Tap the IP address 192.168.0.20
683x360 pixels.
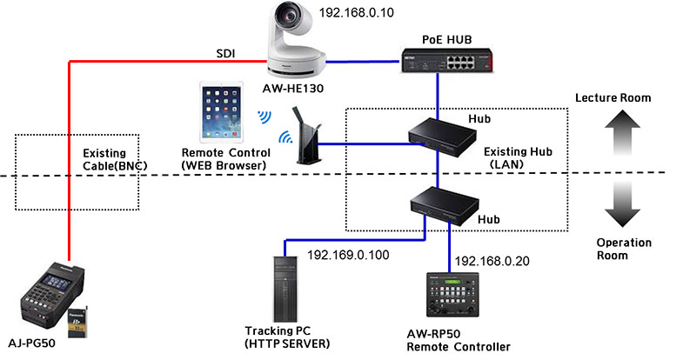(x=492, y=261)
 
